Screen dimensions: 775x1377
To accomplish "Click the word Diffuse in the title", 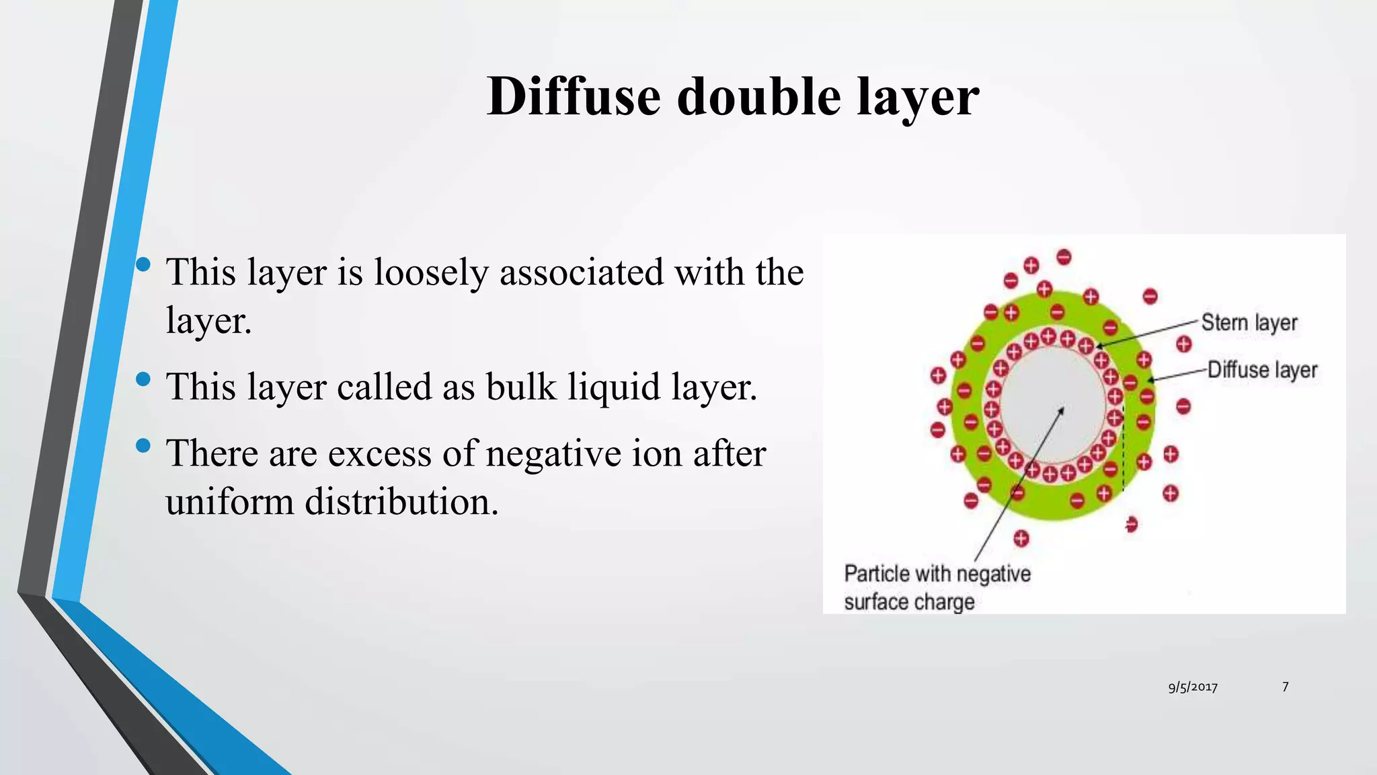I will pyautogui.click(x=574, y=97).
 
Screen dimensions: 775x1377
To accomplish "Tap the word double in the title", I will pyautogui.click(x=758, y=97).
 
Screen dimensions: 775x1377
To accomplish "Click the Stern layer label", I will pyautogui.click(x=1249, y=323).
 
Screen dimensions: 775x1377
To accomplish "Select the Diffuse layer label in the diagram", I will pyautogui.click(x=1262, y=370).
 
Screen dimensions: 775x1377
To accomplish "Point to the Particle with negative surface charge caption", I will pyautogui.click(x=937, y=587).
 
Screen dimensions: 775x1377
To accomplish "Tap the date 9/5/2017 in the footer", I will pyautogui.click(x=1193, y=687).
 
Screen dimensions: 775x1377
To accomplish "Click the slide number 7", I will pyautogui.click(x=1285, y=686).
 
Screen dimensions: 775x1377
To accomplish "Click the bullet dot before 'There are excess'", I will pyautogui.click(x=143, y=445).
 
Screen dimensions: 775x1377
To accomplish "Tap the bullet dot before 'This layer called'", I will pyautogui.click(x=143, y=379).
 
